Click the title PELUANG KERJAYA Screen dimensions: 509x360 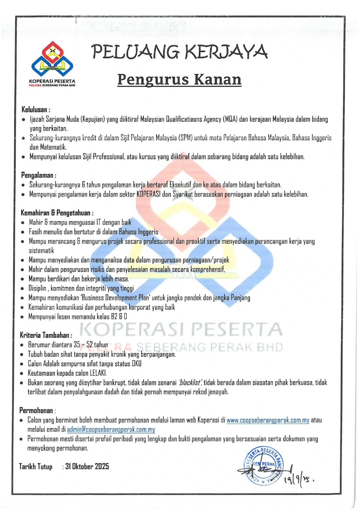pos(179,52)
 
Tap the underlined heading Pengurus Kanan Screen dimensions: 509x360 pos(179,79)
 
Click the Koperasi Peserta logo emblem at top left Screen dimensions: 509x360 pos(52,59)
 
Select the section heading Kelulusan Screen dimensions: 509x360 pos(35,109)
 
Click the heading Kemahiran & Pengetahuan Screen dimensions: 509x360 pos(57,213)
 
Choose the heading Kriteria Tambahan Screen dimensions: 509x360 pos(45,335)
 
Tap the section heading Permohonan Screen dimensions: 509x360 pos(37,410)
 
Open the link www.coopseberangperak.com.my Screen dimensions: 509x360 pos(268,420)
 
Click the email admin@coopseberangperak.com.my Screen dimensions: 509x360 pos(111,429)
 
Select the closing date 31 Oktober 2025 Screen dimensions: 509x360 pos(87,466)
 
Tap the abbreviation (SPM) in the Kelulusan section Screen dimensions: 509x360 pos(186,138)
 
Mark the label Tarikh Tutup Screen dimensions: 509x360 pos(36,466)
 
